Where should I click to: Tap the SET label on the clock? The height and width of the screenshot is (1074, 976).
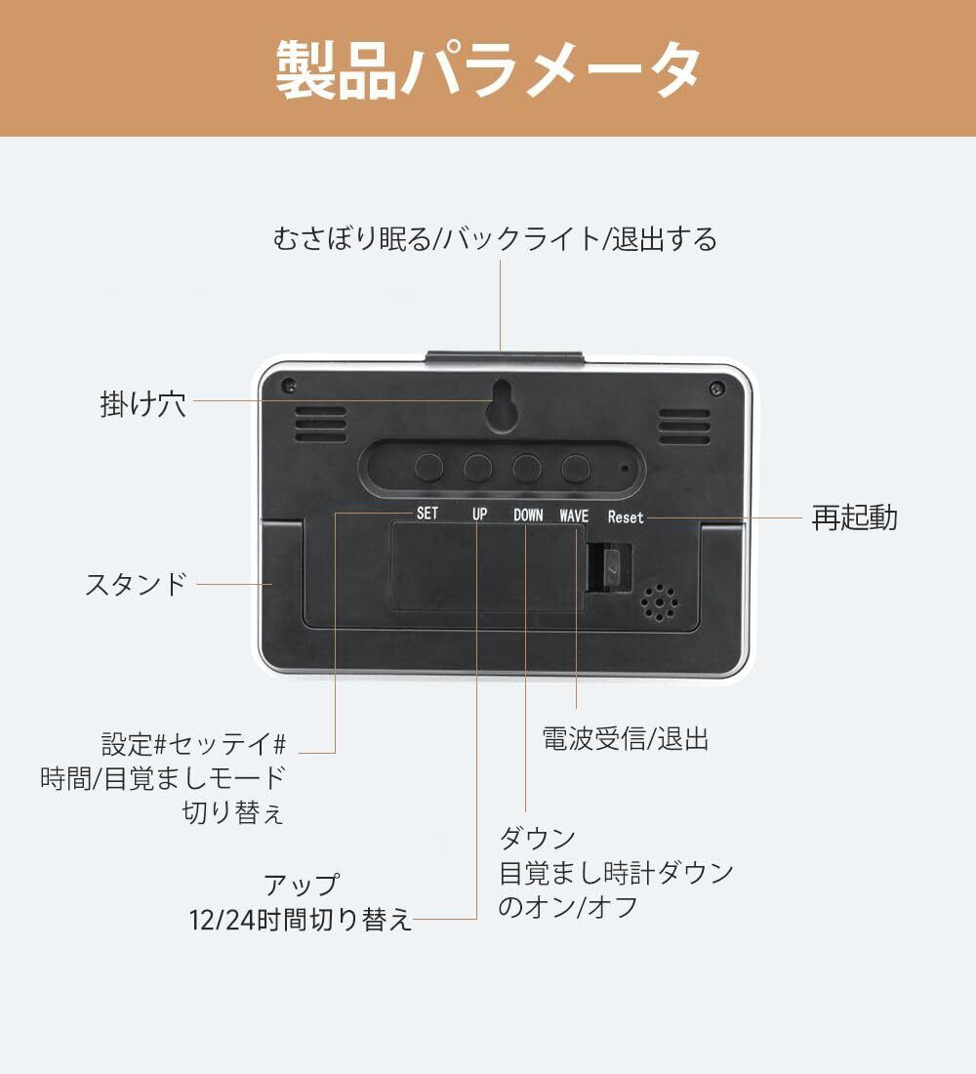point(427,513)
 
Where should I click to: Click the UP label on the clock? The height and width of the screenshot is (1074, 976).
point(479,514)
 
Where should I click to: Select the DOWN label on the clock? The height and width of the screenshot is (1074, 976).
point(528,515)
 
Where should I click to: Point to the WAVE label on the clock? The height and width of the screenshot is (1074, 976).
point(575,515)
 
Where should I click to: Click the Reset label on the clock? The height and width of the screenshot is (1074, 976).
point(626,516)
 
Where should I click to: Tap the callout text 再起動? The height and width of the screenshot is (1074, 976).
point(854,517)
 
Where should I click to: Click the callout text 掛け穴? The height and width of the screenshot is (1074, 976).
point(142,403)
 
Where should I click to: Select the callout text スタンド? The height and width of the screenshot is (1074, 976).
point(135,585)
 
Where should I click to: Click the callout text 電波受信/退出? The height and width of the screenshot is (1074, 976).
point(626,739)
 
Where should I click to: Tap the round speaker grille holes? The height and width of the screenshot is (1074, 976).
point(661,602)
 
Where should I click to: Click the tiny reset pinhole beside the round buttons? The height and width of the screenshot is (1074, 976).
point(624,468)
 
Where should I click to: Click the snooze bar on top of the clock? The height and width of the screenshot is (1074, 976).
point(504,357)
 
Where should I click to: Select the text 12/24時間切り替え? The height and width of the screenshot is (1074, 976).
point(301,920)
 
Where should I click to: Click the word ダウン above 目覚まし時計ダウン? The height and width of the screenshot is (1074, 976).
point(537,838)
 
